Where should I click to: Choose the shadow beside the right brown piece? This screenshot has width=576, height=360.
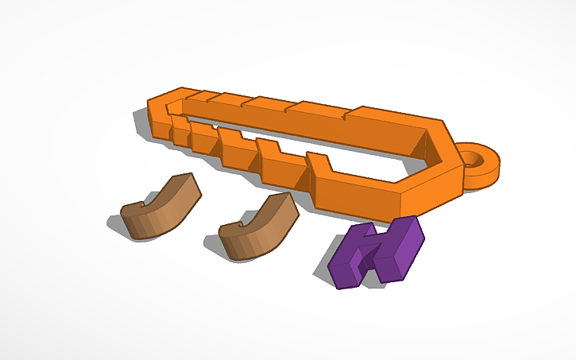tap(215, 246)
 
